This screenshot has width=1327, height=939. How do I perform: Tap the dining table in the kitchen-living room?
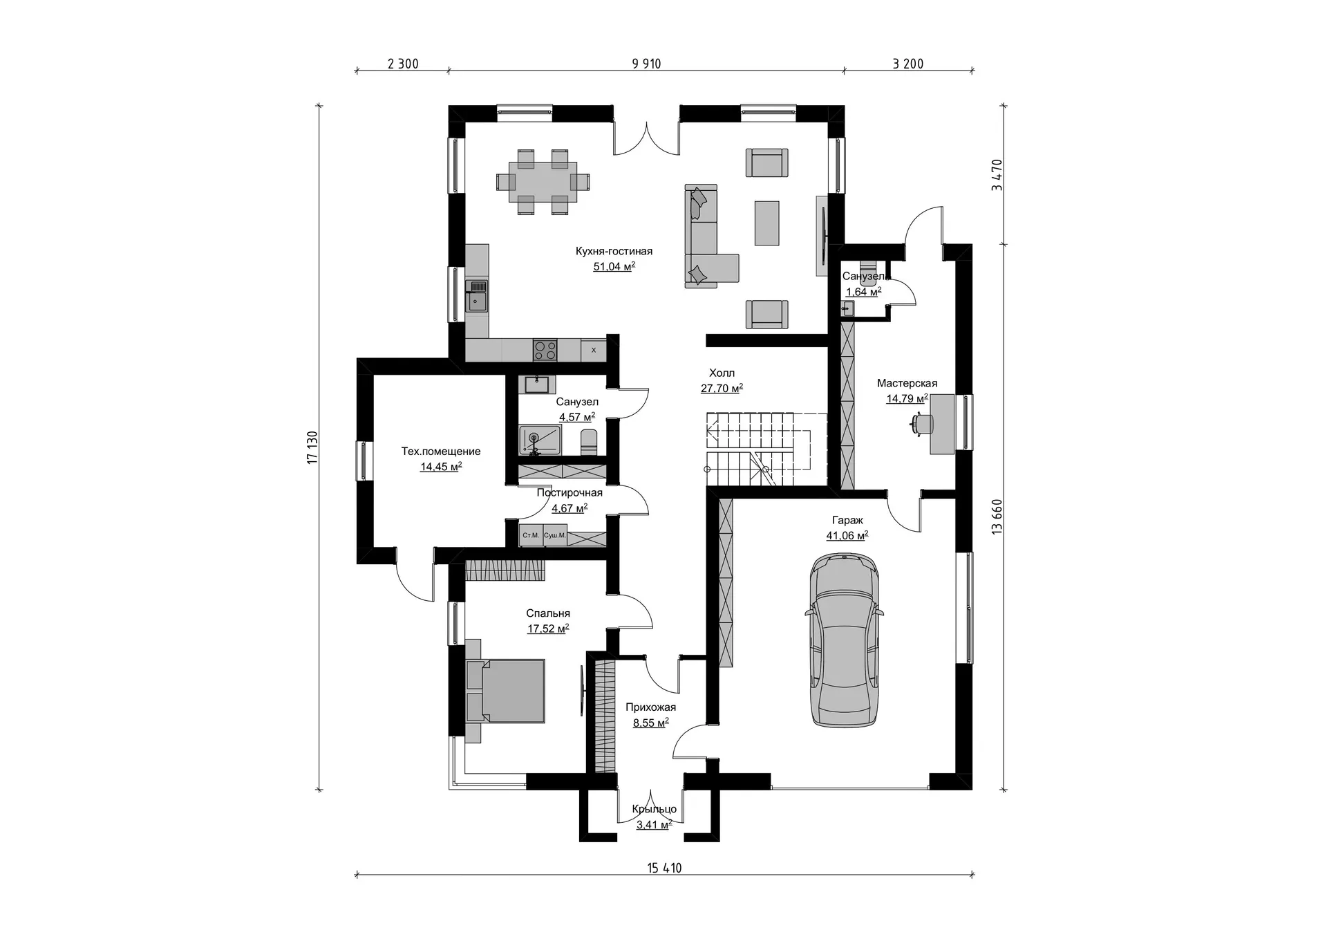click(543, 182)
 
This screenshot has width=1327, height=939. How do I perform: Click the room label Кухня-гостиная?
click(614, 251)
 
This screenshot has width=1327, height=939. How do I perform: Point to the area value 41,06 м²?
click(847, 536)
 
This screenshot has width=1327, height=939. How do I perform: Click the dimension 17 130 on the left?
click(312, 447)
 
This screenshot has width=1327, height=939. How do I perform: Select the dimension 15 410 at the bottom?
click(664, 868)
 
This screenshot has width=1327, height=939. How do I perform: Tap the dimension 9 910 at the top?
click(646, 64)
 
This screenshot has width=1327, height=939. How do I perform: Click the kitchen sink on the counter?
click(477, 296)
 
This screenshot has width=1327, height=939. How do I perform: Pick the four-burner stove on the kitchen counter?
click(545, 349)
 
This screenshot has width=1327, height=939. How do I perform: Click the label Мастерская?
click(907, 383)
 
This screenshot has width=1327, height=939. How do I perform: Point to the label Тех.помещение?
click(441, 452)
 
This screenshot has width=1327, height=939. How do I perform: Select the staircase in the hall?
click(766, 449)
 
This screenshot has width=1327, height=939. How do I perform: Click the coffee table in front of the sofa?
click(766, 223)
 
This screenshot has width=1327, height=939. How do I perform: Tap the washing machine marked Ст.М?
click(531, 535)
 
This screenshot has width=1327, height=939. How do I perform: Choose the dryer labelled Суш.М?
click(554, 535)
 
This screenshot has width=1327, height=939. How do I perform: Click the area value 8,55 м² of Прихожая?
click(650, 723)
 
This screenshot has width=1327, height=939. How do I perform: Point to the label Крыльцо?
click(654, 809)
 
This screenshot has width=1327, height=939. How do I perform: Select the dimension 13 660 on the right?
click(997, 517)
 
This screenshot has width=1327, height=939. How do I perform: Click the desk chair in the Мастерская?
click(921, 423)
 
